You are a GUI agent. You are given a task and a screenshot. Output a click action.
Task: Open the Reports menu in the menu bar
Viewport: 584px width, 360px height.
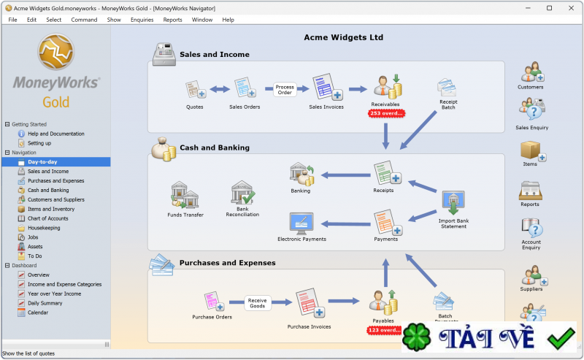pyautogui.click(x=172, y=20)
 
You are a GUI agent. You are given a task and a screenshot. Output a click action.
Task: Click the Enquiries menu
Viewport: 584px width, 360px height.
pyautogui.click(x=142, y=20)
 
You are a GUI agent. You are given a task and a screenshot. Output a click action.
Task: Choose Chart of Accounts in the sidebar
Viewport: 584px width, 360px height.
pyautogui.click(x=47, y=218)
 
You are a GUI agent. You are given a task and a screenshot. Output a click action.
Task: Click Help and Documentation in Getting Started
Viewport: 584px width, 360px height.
pyautogui.click(x=55, y=134)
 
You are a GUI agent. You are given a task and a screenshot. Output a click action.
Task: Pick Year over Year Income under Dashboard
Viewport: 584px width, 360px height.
pyautogui.click(x=54, y=294)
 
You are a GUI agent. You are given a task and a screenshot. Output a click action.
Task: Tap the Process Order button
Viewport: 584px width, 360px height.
pyautogui.click(x=285, y=90)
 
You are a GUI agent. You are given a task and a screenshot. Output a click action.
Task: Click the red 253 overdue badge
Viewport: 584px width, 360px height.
pyautogui.click(x=386, y=113)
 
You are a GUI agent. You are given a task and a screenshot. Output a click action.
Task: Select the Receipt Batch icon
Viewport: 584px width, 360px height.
pyautogui.click(x=447, y=88)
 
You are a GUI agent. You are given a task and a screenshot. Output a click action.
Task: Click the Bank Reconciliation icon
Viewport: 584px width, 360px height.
pyautogui.click(x=242, y=194)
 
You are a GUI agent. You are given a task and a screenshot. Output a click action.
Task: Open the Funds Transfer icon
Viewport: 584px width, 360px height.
pyautogui.click(x=185, y=195)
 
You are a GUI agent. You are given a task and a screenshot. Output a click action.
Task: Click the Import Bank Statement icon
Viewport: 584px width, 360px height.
pyautogui.click(x=453, y=202)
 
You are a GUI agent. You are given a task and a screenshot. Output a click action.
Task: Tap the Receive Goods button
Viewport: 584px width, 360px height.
pyautogui.click(x=257, y=303)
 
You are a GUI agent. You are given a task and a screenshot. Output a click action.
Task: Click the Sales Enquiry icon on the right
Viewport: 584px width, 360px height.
pyautogui.click(x=531, y=110)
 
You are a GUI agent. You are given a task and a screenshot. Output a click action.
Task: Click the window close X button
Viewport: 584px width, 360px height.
pyautogui.click(x=569, y=7)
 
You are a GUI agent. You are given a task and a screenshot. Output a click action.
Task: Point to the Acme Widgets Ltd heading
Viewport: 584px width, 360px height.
pyautogui.click(x=343, y=37)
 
